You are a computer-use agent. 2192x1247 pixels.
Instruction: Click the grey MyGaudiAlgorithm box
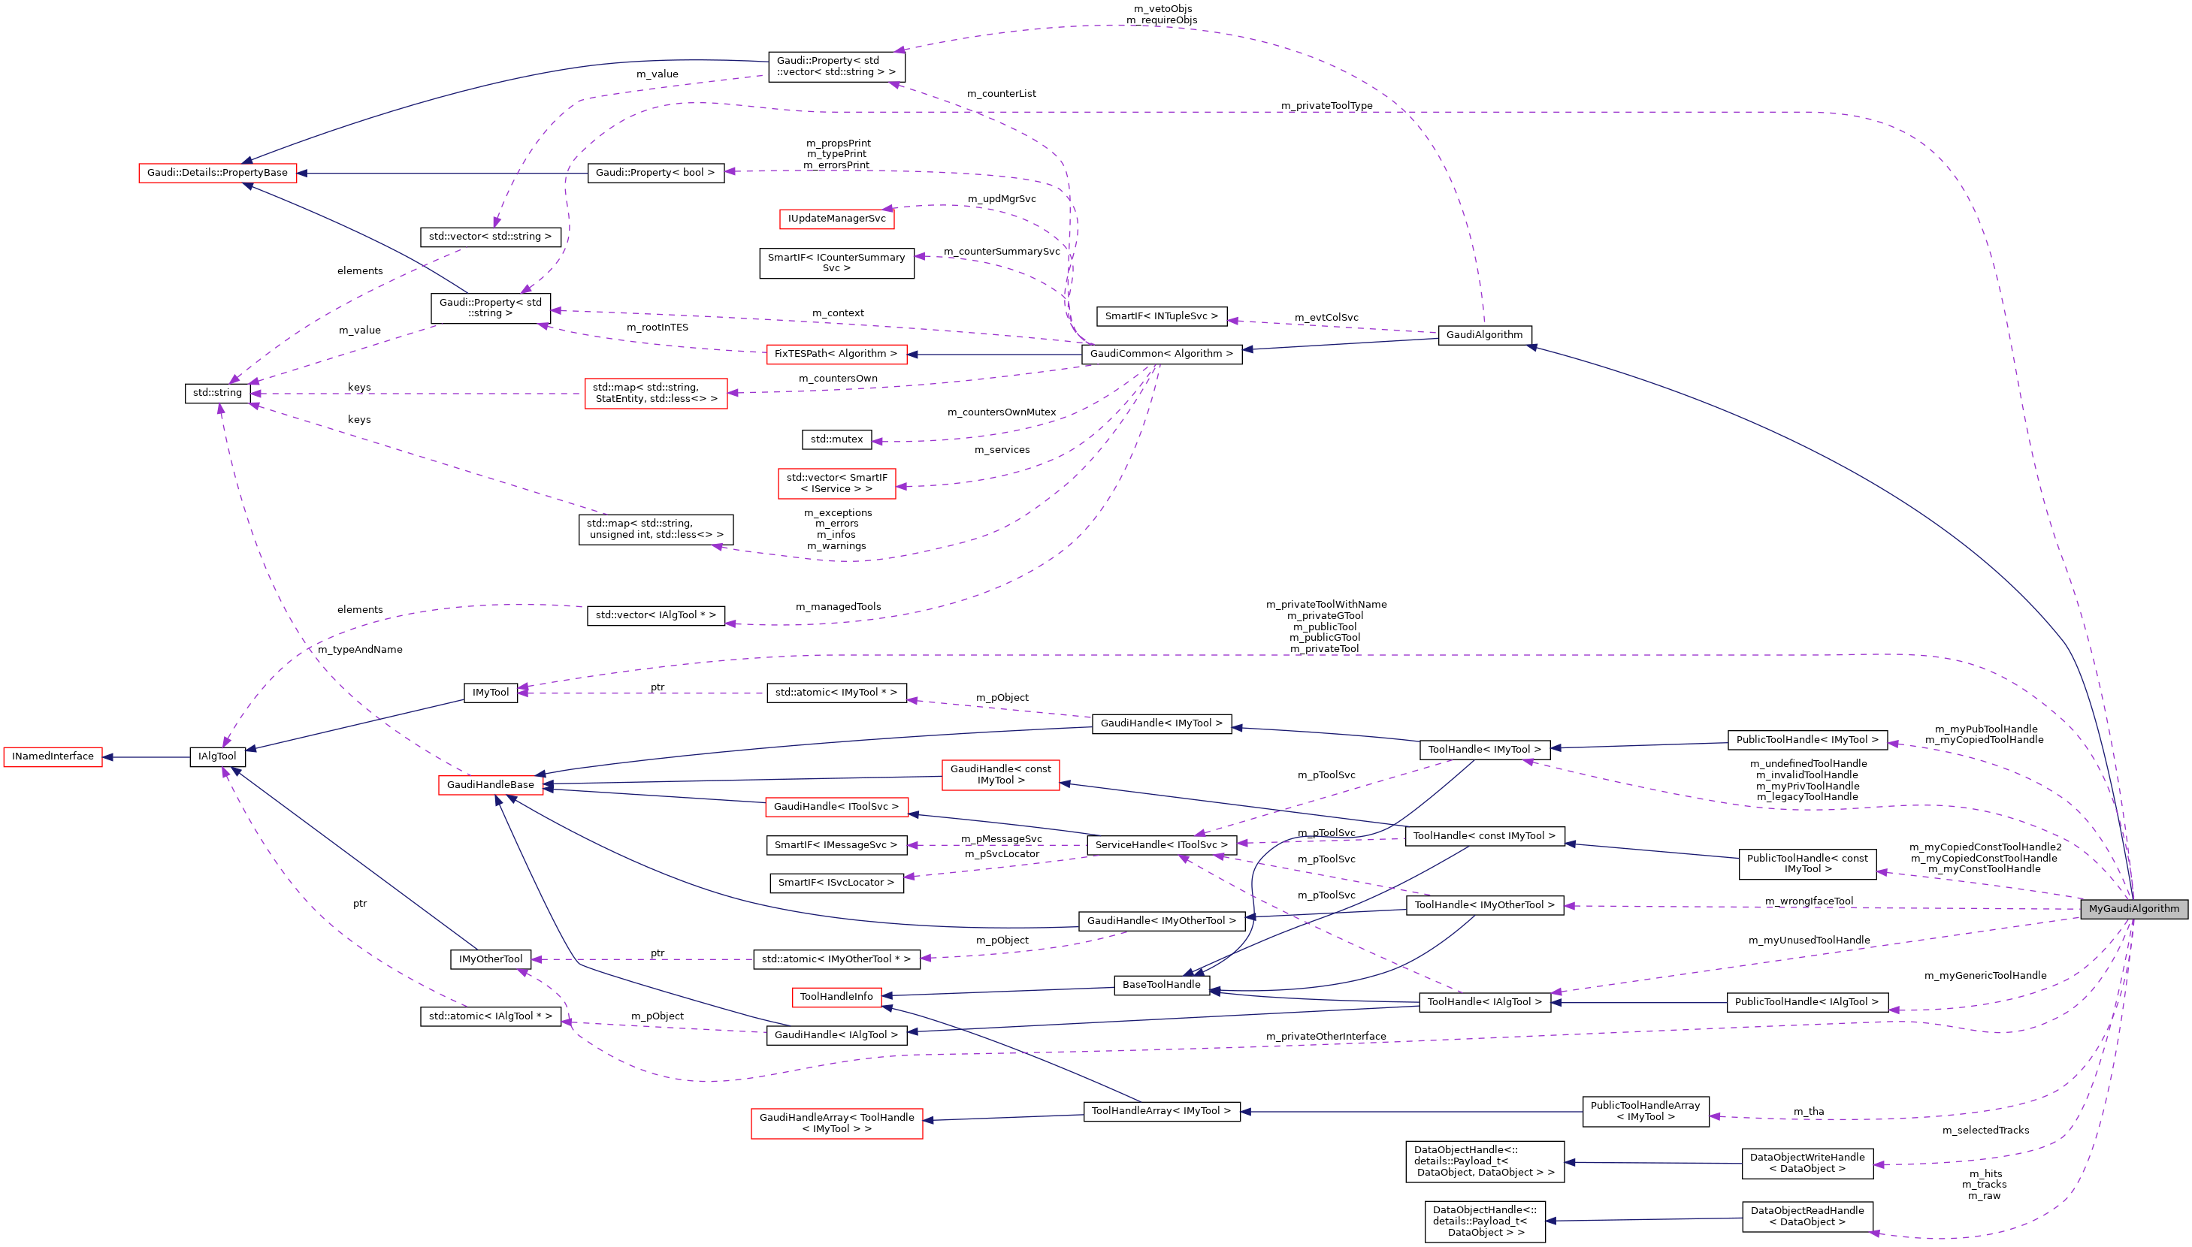(x=2133, y=909)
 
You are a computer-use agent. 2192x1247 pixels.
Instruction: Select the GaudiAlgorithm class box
(x=1483, y=335)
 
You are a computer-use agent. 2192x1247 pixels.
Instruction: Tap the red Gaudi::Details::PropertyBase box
(x=218, y=173)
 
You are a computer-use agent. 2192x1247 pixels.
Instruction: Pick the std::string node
(x=218, y=393)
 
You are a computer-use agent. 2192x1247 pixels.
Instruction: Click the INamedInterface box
(x=53, y=757)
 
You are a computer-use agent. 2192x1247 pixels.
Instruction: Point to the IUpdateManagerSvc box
(x=837, y=219)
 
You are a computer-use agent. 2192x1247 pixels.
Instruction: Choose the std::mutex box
(x=837, y=439)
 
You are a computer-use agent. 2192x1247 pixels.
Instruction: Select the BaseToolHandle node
(x=1162, y=985)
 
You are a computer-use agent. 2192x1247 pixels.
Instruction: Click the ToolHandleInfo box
(x=836, y=997)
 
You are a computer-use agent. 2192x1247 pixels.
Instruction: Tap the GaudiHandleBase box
(x=490, y=785)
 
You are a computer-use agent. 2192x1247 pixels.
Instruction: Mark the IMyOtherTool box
(x=490, y=959)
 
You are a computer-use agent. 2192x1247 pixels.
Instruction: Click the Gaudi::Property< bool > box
(x=655, y=173)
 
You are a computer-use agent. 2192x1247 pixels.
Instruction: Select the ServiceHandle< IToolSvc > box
(x=1162, y=845)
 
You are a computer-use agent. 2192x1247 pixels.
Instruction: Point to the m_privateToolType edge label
(x=1326, y=106)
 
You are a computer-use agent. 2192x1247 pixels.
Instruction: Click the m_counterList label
(x=1002, y=94)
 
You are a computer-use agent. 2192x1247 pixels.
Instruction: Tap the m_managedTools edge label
(x=838, y=607)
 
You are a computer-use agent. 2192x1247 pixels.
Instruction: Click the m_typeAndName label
(x=360, y=650)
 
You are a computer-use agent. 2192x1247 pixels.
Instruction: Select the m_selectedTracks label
(x=1985, y=1131)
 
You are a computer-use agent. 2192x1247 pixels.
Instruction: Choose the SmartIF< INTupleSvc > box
(x=1161, y=317)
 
